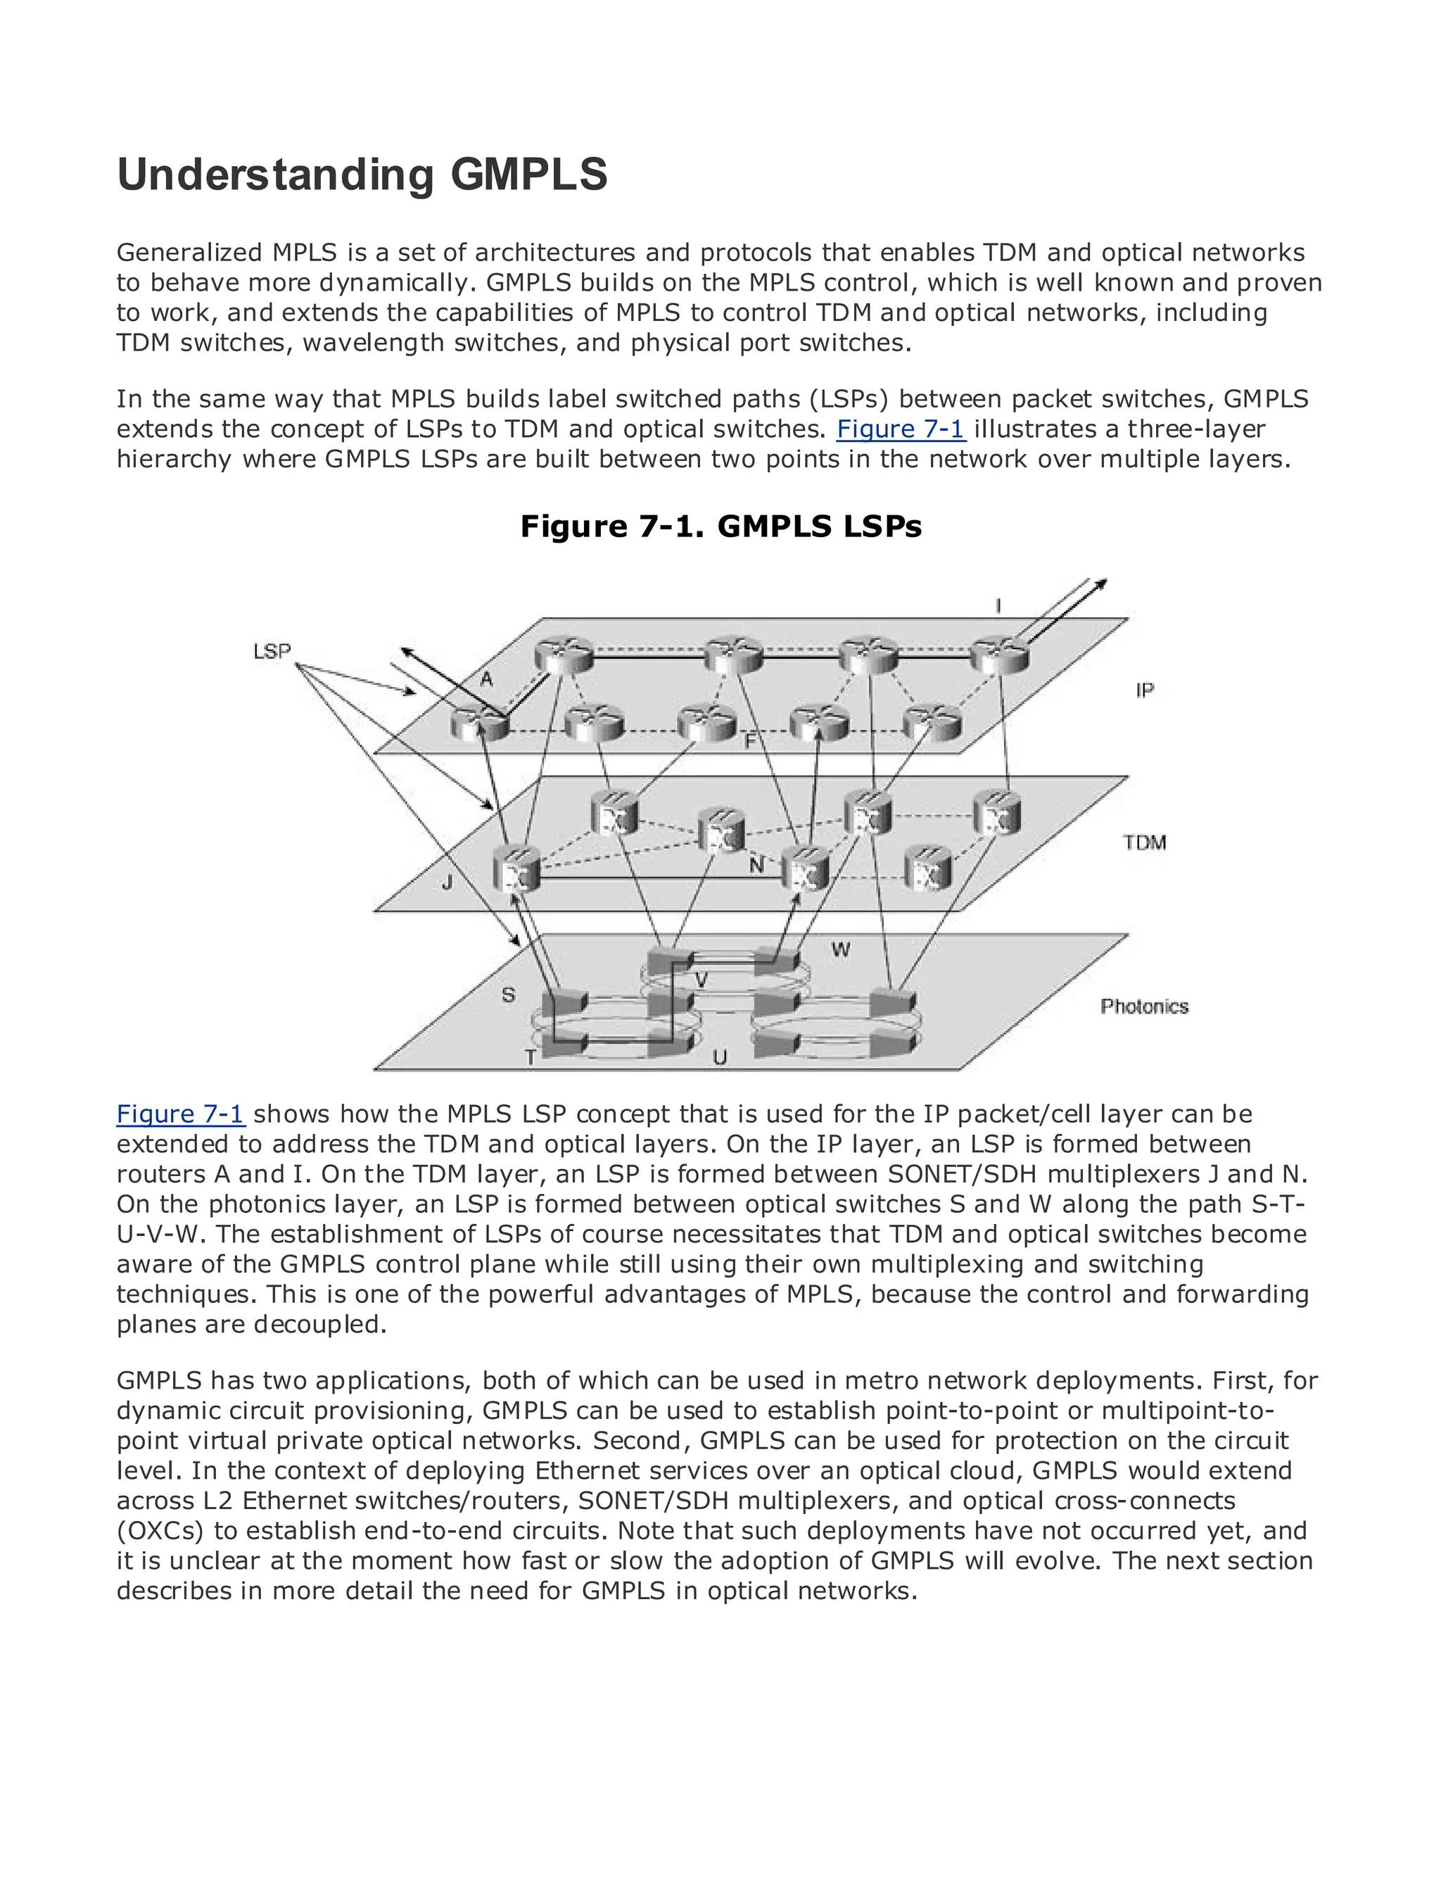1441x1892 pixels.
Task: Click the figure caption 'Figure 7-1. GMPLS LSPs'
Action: tap(720, 526)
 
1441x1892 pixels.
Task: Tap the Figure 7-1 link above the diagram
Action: tap(901, 429)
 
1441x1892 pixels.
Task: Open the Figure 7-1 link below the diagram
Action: tap(181, 1114)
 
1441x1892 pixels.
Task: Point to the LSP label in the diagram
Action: tap(272, 651)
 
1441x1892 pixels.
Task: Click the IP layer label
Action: tap(1144, 690)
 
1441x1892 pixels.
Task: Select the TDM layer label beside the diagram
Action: tap(1144, 843)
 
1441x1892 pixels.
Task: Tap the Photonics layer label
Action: tap(1144, 1007)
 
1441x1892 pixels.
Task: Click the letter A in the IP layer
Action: tap(486, 679)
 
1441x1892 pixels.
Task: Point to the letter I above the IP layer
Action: tap(998, 607)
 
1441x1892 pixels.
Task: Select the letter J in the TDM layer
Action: tap(447, 882)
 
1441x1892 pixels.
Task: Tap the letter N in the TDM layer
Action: tap(756, 866)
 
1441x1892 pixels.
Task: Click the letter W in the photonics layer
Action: tap(841, 949)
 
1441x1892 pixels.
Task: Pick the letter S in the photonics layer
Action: tap(509, 995)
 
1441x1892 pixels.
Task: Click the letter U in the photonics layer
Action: tap(720, 1058)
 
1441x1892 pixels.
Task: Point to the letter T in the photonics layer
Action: tap(531, 1058)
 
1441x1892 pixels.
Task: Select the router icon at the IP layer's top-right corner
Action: tap(999, 657)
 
